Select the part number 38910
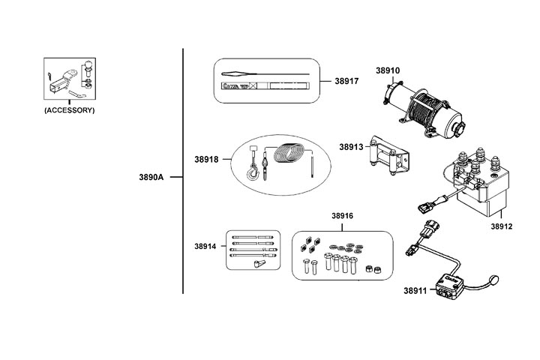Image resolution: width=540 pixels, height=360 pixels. tap(387, 71)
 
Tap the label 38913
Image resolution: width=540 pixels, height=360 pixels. tap(351, 147)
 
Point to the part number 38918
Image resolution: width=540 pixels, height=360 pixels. tap(206, 159)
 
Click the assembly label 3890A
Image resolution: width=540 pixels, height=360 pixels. tap(151, 178)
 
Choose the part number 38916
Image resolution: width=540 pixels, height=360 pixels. tap(342, 216)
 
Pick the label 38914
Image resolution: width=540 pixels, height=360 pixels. tap(205, 246)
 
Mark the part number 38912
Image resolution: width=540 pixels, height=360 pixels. tap(502, 226)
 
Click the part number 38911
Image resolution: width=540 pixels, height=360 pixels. tap(415, 290)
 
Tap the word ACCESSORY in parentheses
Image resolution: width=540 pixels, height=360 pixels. tap(70, 110)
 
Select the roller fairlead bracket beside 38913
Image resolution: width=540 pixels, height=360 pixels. tap(388, 156)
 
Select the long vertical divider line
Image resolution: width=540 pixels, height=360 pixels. tap(184, 172)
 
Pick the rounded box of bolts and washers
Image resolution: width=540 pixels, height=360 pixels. tap(342, 255)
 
